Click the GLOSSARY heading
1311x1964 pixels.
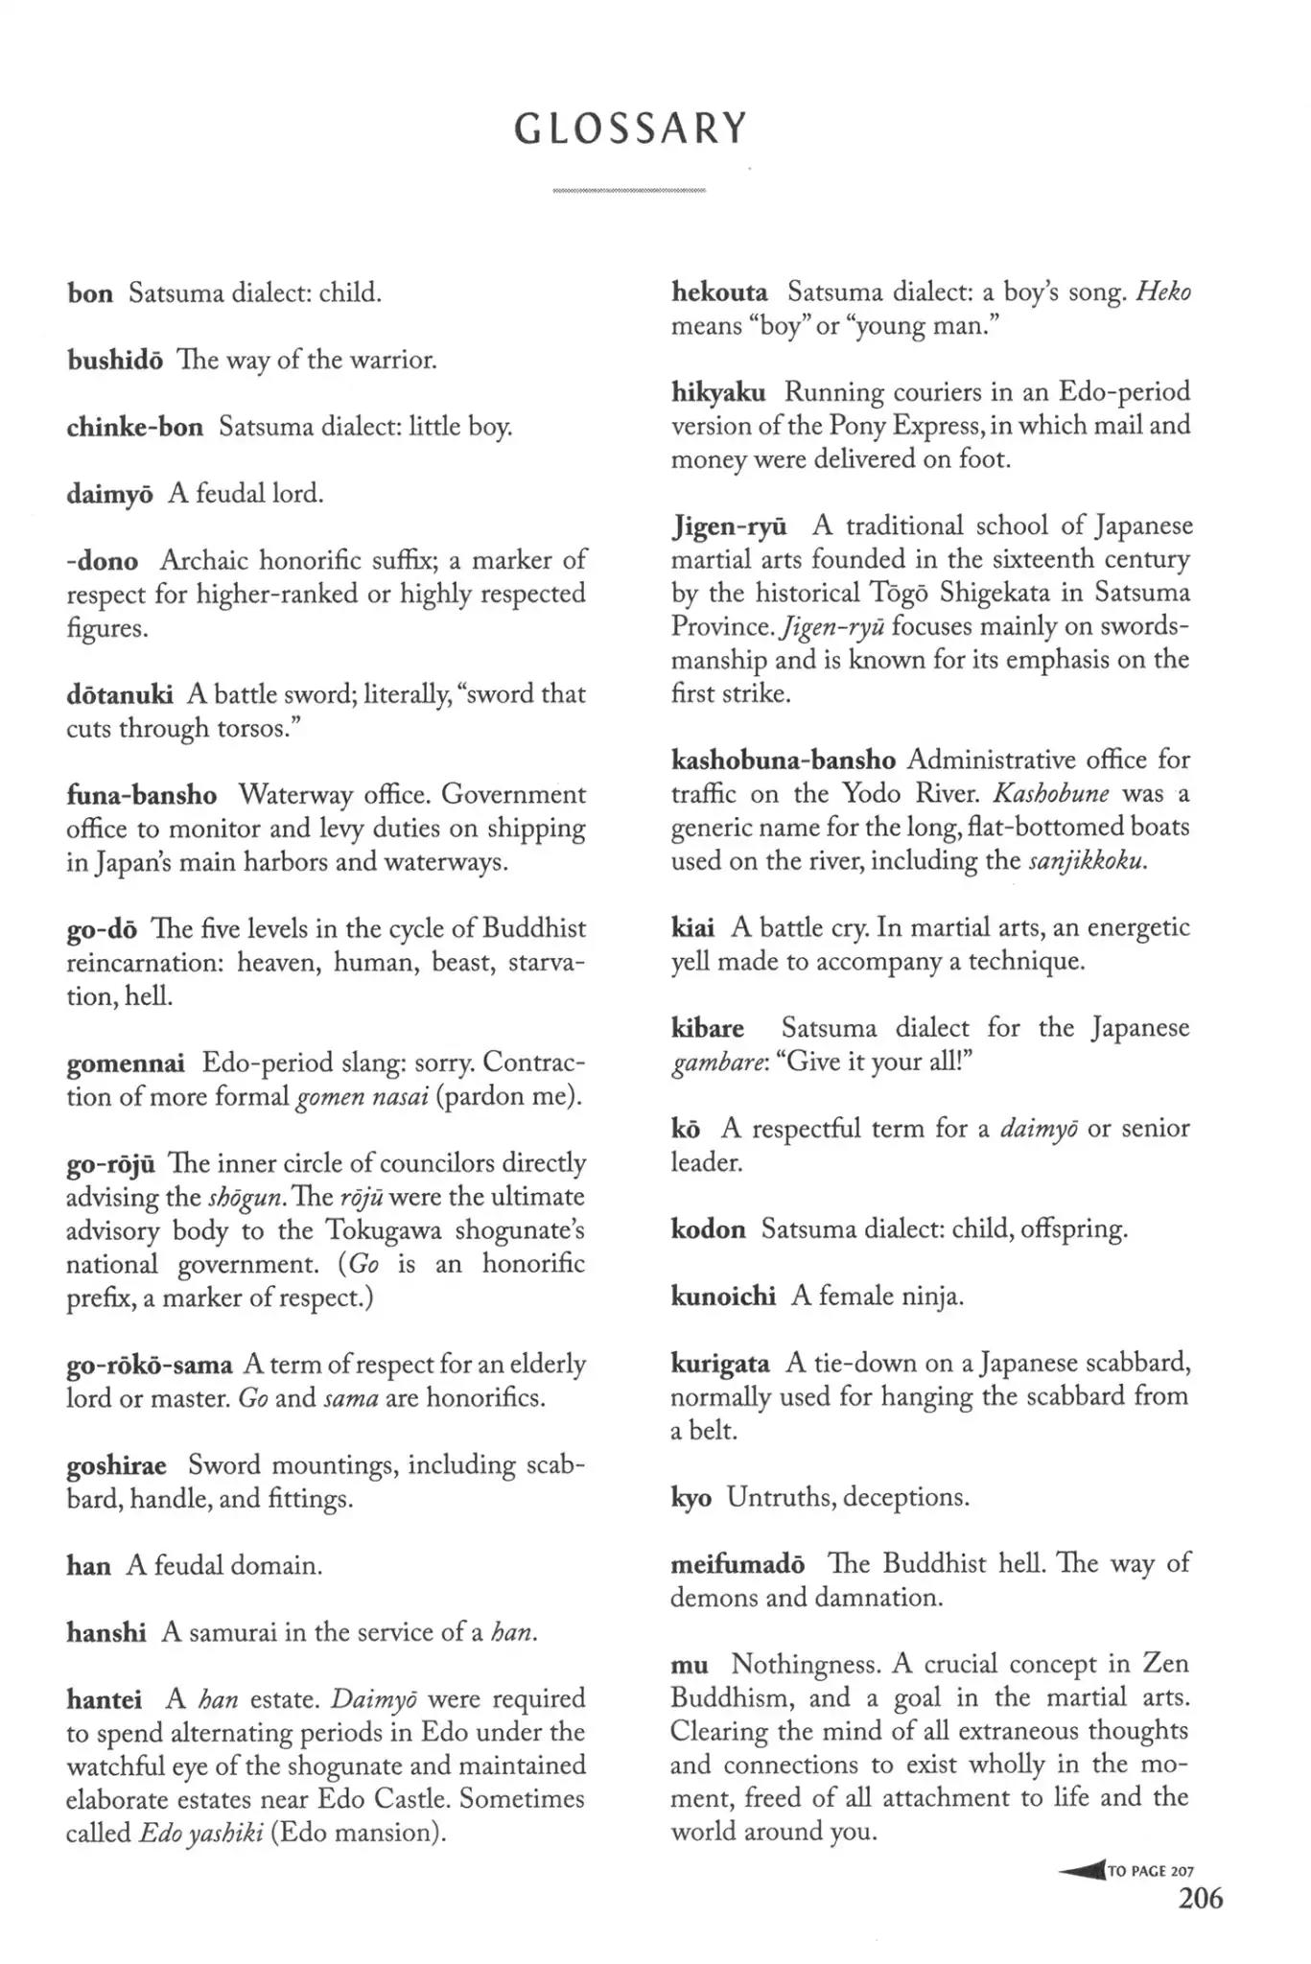pos(630,129)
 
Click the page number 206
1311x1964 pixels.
pos(1200,1898)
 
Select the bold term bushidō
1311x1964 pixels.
pos(114,360)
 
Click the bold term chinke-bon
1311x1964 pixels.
pos(134,427)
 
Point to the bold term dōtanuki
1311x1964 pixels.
pos(120,694)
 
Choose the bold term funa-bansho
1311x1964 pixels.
pos(141,795)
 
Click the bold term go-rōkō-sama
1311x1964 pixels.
pos(149,1365)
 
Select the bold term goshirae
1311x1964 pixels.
pos(116,1466)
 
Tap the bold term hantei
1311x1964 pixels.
pos(104,1699)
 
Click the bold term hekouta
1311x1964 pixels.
pos(719,292)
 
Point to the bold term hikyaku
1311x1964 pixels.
pos(717,392)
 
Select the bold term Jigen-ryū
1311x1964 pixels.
pos(729,526)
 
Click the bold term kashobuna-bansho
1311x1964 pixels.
pos(783,760)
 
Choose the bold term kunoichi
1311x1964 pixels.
pos(722,1297)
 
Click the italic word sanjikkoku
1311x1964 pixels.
pos(1087,861)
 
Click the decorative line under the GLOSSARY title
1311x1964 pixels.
pos(629,191)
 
